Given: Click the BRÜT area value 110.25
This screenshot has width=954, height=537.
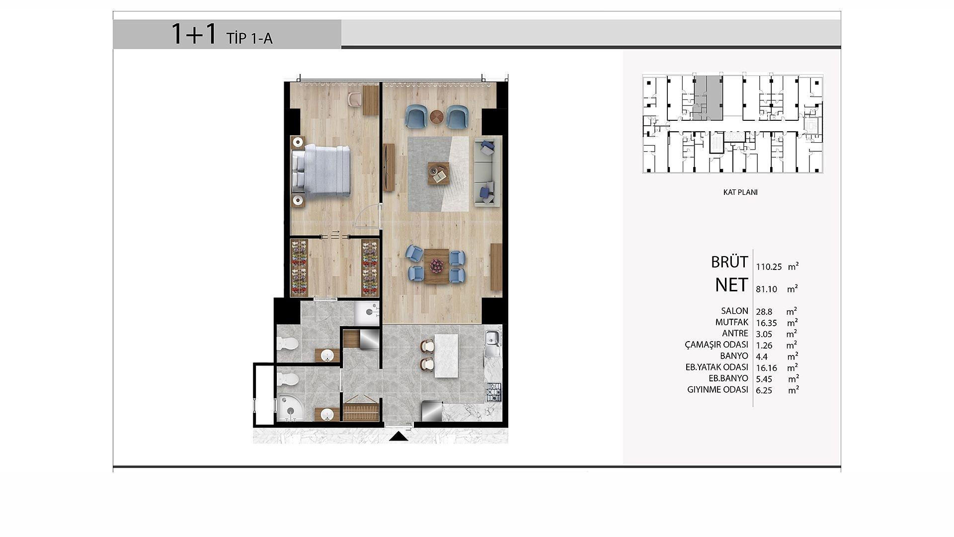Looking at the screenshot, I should pyautogui.click(x=769, y=267).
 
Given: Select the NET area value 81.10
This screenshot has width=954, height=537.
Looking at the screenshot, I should pyautogui.click(x=766, y=289).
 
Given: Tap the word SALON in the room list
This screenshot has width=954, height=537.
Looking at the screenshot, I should pyautogui.click(x=734, y=311).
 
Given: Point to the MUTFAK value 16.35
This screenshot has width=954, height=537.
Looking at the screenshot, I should pyautogui.click(x=766, y=323).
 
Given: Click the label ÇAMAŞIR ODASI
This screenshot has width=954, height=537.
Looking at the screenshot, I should pyautogui.click(x=716, y=345).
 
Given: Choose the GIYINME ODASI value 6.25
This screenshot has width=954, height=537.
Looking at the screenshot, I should pyautogui.click(x=764, y=391).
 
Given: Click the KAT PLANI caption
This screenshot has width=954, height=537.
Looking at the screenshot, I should pyautogui.click(x=740, y=192).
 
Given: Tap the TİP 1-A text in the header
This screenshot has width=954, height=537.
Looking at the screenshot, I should pyautogui.click(x=249, y=38).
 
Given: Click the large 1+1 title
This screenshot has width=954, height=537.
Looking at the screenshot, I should pyautogui.click(x=194, y=34).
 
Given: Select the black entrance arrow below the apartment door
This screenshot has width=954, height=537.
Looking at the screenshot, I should pyautogui.click(x=398, y=437).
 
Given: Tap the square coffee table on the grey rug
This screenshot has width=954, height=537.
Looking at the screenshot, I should pyautogui.click(x=439, y=174).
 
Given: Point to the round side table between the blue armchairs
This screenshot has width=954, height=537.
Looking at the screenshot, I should pyautogui.click(x=437, y=116).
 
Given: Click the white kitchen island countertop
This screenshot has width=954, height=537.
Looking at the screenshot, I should pyautogui.click(x=446, y=356).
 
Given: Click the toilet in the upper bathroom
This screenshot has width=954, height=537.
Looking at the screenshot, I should pyautogui.click(x=288, y=343).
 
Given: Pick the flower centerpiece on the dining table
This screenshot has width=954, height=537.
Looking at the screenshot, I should pyautogui.click(x=436, y=266).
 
